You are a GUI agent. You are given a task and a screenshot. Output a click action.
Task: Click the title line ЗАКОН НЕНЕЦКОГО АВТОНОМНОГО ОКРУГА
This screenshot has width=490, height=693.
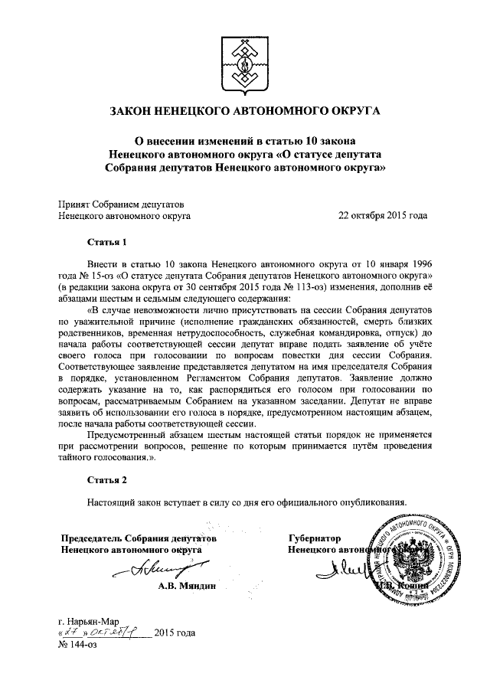[245, 113]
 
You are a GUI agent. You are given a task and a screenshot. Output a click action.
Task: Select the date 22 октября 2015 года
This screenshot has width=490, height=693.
[383, 216]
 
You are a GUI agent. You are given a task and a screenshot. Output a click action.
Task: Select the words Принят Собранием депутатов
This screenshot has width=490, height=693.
[121, 204]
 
